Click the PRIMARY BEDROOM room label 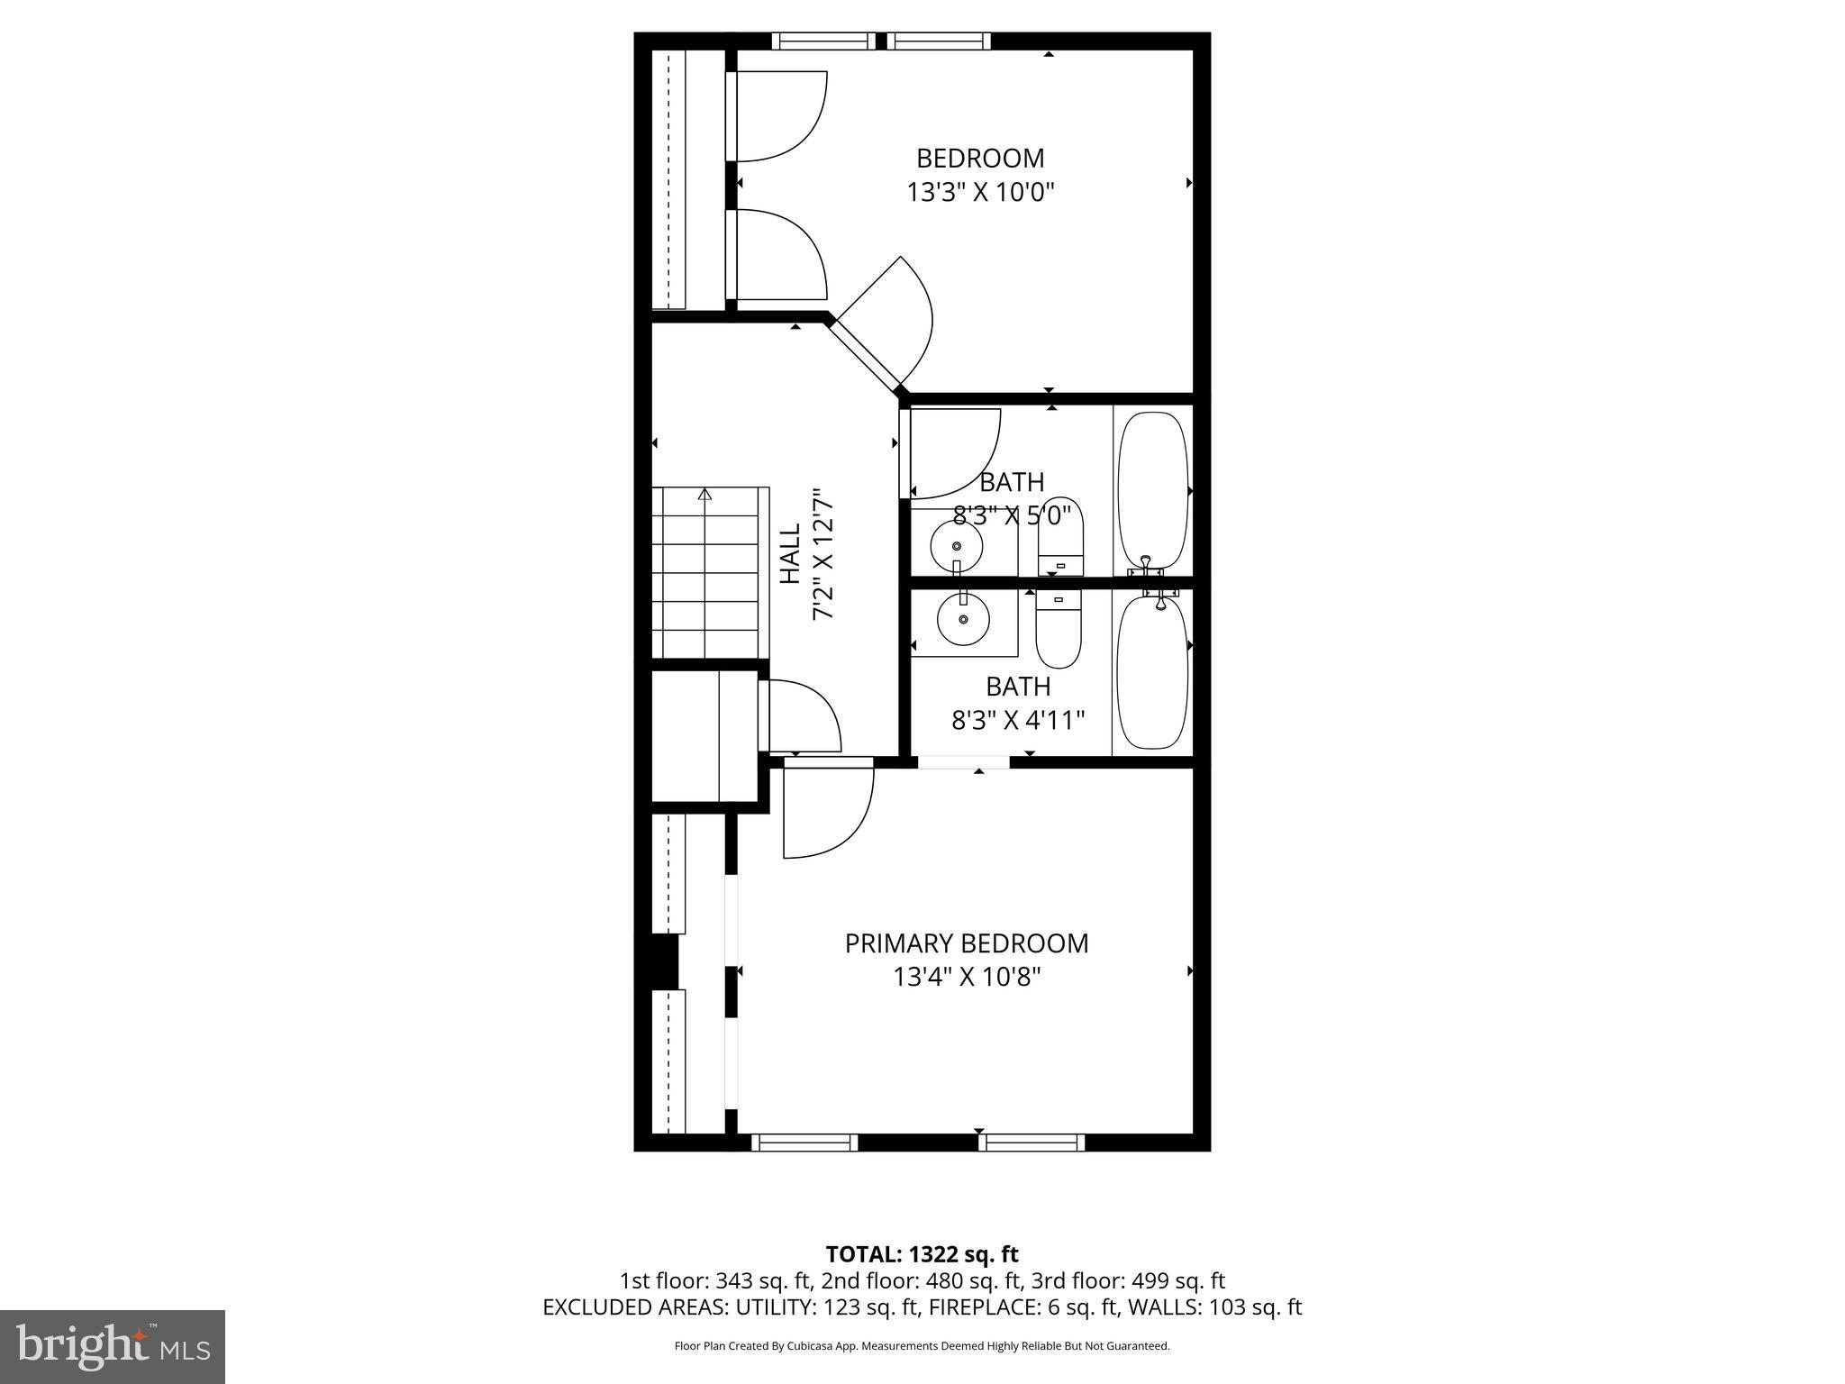[x=966, y=943]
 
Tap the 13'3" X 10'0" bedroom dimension [x=980, y=192]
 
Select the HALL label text [x=790, y=554]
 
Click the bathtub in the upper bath [x=1152, y=491]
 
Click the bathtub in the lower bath [x=1152, y=672]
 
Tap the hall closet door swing [x=802, y=716]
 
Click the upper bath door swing [x=953, y=451]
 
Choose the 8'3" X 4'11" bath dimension [x=1018, y=721]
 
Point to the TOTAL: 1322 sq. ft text [x=922, y=1254]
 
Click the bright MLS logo [x=113, y=1346]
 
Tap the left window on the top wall [x=823, y=41]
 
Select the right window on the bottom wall [x=1032, y=1143]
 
